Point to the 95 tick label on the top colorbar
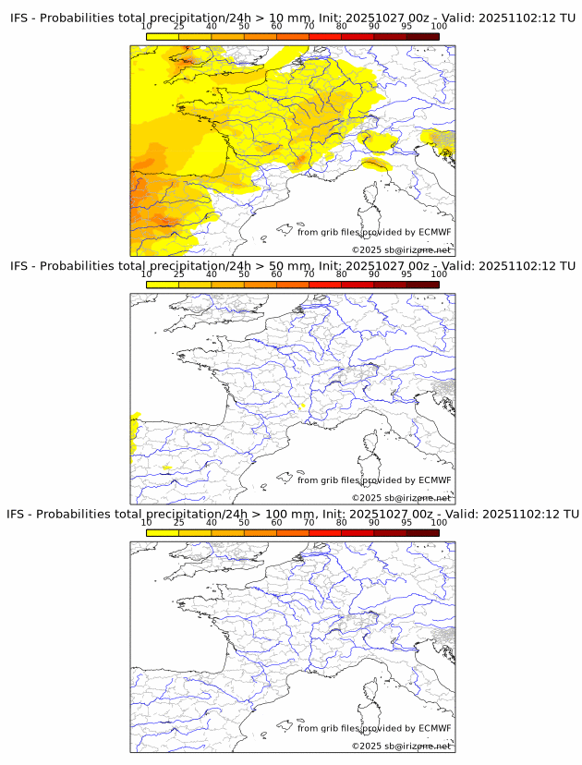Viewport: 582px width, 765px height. [406, 27]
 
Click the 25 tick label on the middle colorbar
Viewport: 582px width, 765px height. [179, 274]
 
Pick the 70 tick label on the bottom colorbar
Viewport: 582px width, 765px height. [309, 522]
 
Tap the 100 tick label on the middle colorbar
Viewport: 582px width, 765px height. [439, 274]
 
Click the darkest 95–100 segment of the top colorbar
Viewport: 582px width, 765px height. [422, 36]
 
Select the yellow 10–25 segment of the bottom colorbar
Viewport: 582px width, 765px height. [163, 532]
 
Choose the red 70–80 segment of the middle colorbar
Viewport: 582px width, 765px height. [325, 285]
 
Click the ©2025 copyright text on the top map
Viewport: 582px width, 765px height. [401, 249]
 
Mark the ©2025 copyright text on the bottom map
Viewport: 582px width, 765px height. [401, 745]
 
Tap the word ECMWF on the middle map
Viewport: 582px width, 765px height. [434, 480]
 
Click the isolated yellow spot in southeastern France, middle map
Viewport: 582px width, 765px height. [303, 406]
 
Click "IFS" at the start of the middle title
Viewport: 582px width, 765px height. [20, 266]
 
